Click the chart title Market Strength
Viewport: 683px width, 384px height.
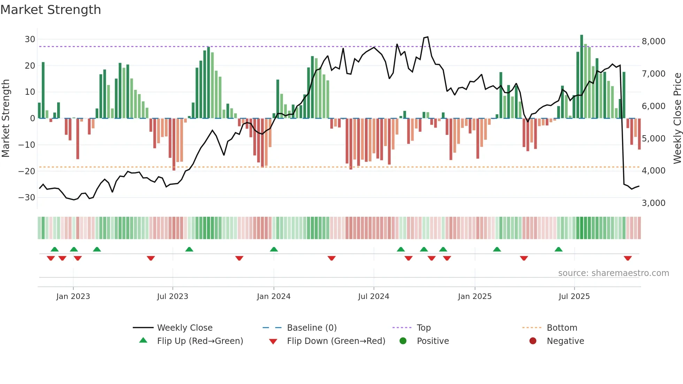[51, 10]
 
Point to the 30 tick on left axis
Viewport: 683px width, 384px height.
[30, 39]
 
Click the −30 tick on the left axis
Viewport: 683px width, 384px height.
[27, 198]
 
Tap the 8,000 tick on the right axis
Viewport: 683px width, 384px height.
[653, 41]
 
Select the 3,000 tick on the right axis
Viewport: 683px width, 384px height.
[653, 203]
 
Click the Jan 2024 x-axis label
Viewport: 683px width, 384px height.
[274, 297]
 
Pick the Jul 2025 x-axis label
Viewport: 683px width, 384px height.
[574, 297]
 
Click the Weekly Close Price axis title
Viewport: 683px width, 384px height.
[677, 118]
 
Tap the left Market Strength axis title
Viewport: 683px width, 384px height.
[6, 118]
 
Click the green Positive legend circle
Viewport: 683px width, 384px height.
[403, 341]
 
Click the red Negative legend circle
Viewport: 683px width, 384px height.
[533, 341]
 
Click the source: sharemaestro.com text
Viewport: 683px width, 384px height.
[613, 273]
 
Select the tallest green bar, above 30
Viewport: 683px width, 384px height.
[582, 77]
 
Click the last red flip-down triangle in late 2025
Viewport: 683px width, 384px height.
[628, 258]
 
